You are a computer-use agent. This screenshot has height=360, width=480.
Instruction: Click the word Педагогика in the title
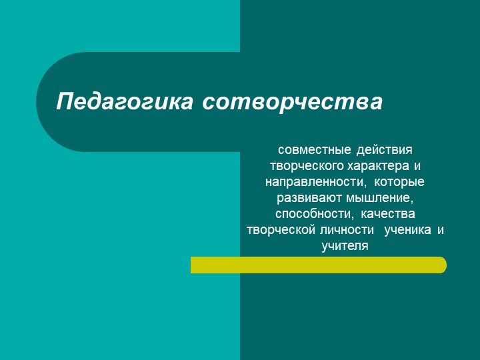point(124,102)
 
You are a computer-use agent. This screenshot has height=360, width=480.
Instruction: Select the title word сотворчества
point(291,102)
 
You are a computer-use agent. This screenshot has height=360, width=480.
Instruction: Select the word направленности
point(315,181)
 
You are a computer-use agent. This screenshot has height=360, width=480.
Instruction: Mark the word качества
point(388,214)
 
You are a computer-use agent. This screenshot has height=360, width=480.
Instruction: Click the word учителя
point(345,246)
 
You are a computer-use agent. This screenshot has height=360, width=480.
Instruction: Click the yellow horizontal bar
point(318,265)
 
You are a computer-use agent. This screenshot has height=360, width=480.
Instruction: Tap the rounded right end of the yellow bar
point(441,265)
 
